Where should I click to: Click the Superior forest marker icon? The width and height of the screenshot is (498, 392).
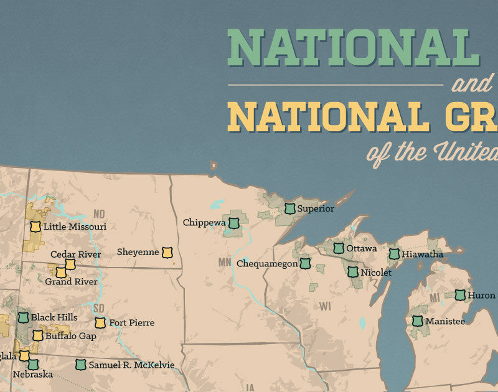[289, 208]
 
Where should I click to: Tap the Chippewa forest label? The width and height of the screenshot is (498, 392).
[202, 222]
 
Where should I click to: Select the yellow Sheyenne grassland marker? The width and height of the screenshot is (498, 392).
[167, 252]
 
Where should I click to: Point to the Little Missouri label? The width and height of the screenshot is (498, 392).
[75, 226]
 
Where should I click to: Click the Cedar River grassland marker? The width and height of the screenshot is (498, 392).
[70, 264]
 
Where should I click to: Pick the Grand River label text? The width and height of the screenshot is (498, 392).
[71, 282]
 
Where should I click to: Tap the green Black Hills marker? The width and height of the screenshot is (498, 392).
[23, 317]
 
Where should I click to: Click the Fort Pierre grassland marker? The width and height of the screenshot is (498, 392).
[100, 322]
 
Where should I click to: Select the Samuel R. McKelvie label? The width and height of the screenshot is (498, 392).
[131, 365]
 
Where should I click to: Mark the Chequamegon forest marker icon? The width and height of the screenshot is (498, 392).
[305, 263]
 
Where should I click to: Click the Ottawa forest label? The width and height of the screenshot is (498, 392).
[362, 248]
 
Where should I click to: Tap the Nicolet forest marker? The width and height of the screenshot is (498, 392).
[353, 272]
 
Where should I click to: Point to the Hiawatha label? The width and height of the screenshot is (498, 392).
[423, 254]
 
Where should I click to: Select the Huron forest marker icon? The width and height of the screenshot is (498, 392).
[460, 295]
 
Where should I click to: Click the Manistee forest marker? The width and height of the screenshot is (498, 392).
[416, 321]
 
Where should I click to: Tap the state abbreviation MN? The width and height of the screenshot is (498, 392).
[225, 262]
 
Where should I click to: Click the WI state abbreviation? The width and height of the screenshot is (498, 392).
[325, 306]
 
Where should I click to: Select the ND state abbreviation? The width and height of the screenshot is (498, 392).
[100, 214]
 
